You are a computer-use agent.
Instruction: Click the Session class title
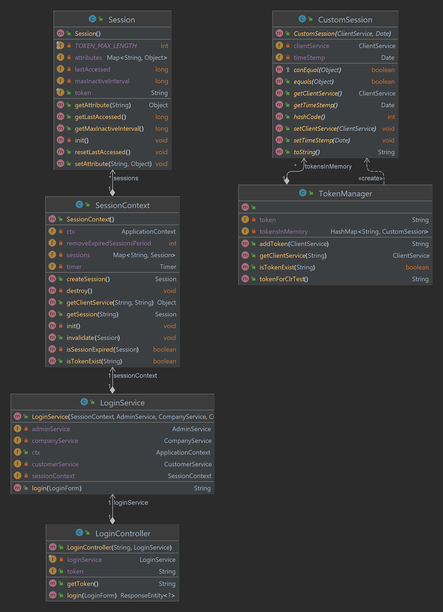[122, 20]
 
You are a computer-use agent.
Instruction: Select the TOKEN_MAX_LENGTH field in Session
[106, 46]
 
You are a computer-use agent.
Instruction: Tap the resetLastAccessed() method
[102, 152]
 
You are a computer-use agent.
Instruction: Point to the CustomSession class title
[345, 20]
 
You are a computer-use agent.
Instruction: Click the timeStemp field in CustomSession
[309, 58]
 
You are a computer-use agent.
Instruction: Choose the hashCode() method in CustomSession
[309, 117]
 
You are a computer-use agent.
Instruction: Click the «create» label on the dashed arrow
[370, 178]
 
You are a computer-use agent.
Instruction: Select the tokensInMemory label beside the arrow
[328, 166]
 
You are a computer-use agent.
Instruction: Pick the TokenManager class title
[345, 194]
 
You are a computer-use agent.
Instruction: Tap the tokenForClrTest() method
[284, 279]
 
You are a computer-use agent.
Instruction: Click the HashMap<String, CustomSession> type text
[379, 232]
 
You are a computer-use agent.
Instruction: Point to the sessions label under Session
[126, 178]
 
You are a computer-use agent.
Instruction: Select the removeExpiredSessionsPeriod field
[109, 243]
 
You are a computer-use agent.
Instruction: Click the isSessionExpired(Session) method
[102, 350]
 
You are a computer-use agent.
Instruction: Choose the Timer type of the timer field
[168, 267]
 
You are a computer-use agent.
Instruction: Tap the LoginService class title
[122, 403]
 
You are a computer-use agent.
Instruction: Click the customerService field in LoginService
[55, 464]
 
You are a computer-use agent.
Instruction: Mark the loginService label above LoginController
[130, 503]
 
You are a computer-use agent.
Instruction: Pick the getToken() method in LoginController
[83, 584]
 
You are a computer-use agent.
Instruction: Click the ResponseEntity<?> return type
[148, 596]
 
